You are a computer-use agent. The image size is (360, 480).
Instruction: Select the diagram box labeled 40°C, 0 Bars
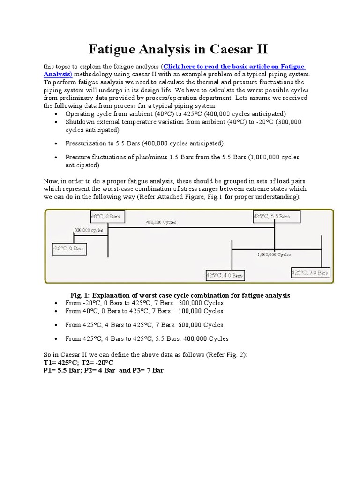106,217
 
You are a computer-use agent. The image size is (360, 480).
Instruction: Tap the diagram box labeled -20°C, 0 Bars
69,248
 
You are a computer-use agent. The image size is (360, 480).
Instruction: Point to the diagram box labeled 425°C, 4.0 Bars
225,276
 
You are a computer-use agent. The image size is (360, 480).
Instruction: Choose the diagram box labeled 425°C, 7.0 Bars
310,272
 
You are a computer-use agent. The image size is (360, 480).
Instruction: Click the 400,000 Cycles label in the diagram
161,222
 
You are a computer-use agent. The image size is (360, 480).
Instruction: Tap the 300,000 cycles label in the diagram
89,230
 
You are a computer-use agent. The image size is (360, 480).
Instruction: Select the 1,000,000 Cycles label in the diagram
274,255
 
